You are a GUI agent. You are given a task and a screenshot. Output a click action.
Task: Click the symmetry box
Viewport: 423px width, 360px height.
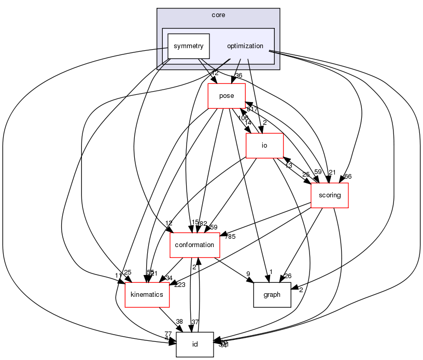tap(188, 46)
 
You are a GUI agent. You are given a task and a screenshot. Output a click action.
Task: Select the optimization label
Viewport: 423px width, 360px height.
tap(245, 46)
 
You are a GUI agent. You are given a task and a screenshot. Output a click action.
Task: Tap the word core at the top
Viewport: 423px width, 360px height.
tap(218, 15)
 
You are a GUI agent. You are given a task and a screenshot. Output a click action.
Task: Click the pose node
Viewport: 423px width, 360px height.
tap(227, 96)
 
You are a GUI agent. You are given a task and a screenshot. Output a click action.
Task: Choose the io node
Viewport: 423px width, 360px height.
tap(264, 146)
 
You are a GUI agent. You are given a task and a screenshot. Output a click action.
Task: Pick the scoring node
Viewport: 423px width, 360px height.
tap(329, 195)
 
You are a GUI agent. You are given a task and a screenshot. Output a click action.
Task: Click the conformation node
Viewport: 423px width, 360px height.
tap(195, 245)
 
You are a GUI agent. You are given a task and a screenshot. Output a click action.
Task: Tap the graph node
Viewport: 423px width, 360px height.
tap(272, 295)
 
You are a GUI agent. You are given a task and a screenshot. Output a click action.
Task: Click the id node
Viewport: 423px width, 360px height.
tap(195, 344)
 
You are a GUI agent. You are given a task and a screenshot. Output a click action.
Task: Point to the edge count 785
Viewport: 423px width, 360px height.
tap(230, 237)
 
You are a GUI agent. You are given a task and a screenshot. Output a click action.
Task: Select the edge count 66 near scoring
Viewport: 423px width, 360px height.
tap(348, 177)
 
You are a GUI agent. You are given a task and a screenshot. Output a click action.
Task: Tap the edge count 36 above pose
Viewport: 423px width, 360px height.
tap(238, 76)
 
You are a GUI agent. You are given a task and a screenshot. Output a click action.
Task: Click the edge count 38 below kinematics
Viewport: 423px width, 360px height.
tap(179, 322)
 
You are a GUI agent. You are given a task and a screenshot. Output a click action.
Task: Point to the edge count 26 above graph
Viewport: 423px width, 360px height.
tap(288, 276)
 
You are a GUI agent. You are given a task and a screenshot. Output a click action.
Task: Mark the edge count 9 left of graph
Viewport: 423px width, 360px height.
tap(248, 274)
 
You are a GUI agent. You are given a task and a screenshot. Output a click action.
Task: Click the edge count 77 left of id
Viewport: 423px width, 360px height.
tap(168, 334)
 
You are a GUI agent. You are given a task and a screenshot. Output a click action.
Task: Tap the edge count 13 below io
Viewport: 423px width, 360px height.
tap(289, 166)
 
